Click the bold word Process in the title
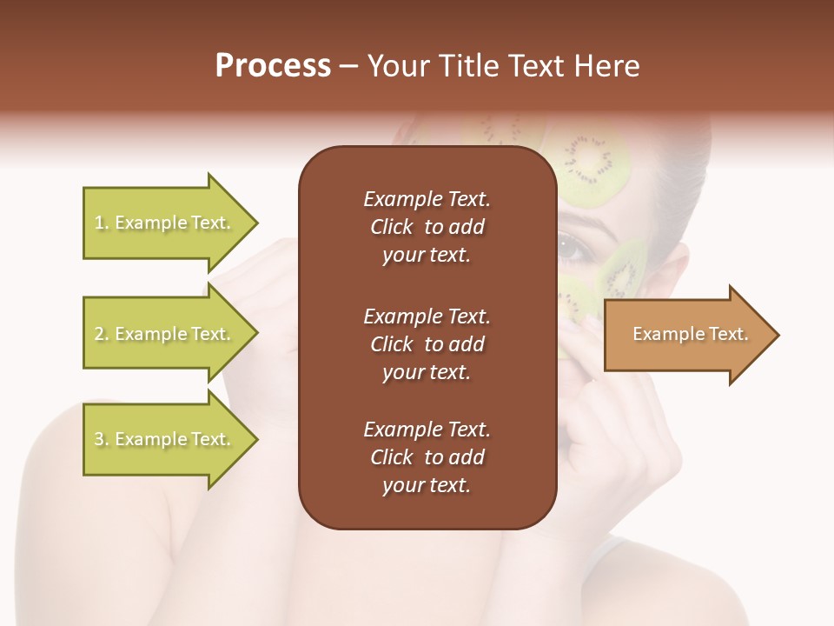pyautogui.click(x=273, y=66)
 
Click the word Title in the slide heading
pyautogui.click(x=467, y=66)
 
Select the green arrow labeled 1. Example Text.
pyautogui.click(x=165, y=223)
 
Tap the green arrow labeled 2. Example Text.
pyautogui.click(x=165, y=334)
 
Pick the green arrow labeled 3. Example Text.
pyautogui.click(x=165, y=439)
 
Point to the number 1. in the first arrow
pyautogui.click(x=102, y=223)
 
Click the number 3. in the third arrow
pyautogui.click(x=102, y=440)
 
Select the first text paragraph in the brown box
pyautogui.click(x=427, y=227)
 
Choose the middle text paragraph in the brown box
pyautogui.click(x=427, y=344)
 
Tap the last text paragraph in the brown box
pyautogui.click(x=427, y=457)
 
